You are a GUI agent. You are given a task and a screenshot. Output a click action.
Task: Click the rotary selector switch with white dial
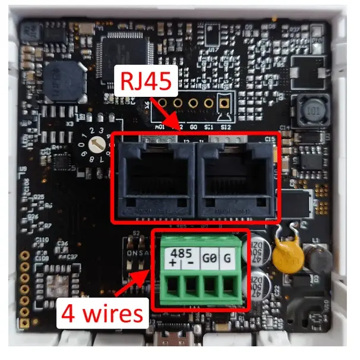point(95,144)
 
